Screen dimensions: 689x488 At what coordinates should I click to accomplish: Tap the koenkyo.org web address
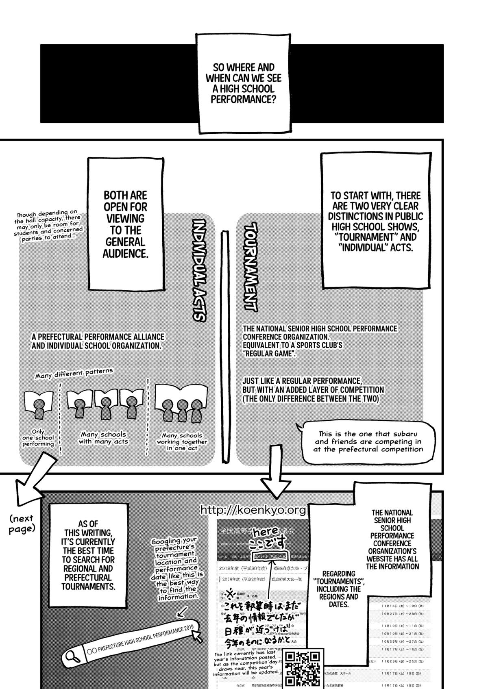pyautogui.click(x=253, y=510)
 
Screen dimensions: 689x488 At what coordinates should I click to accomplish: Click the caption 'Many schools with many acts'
pyautogui.click(x=103, y=438)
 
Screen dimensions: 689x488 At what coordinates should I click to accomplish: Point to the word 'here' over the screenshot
pyautogui.click(x=266, y=531)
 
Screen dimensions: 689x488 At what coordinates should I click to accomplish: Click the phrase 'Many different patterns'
pyautogui.click(x=74, y=373)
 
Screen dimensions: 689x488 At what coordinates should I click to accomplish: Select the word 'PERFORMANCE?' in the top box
pyautogui.click(x=243, y=99)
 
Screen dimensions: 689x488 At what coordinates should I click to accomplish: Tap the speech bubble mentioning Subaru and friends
pyautogui.click(x=368, y=441)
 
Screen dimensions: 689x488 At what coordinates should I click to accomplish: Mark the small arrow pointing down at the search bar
pyautogui.click(x=183, y=611)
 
